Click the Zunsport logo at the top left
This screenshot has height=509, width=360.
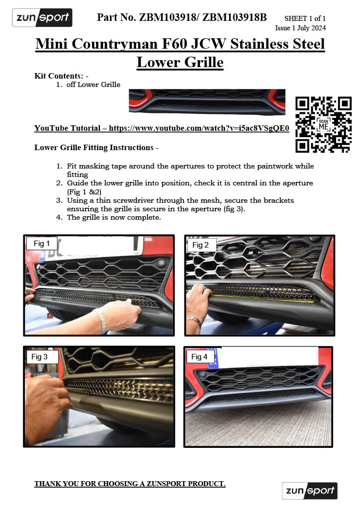pyautogui.click(x=42, y=18)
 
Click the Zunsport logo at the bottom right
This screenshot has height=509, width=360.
pyautogui.click(x=309, y=491)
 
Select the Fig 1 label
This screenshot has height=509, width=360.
pyautogui.click(x=42, y=244)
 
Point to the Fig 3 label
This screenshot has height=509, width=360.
pyautogui.click(x=40, y=356)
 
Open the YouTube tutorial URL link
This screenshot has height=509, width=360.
pyautogui.click(x=199, y=128)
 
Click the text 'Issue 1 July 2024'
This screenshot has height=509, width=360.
pyautogui.click(x=300, y=28)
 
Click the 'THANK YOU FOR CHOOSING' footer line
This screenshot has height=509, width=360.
pyautogui.click(x=130, y=484)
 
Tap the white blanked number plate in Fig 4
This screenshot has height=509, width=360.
pyautogui.click(x=269, y=357)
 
